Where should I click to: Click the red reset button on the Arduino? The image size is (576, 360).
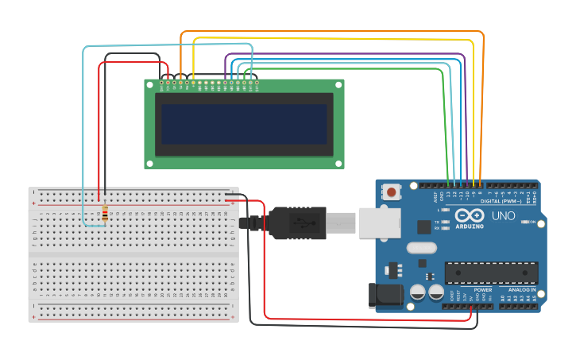pyautogui.click(x=392, y=192)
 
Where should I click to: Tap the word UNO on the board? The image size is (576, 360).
pyautogui.click(x=504, y=215)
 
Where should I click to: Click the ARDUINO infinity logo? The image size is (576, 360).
pyautogui.click(x=469, y=215)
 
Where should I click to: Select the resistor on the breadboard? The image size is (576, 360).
pyautogui.click(x=105, y=214)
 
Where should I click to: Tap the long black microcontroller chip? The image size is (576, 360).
pyautogui.click(x=490, y=273)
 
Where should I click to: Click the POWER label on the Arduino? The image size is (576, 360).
pyautogui.click(x=483, y=290)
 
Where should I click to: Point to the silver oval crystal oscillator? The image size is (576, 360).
pyautogui.click(x=421, y=247)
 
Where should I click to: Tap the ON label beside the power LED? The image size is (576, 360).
pyautogui.click(x=532, y=222)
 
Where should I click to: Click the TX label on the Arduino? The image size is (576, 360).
pyautogui.click(x=438, y=221)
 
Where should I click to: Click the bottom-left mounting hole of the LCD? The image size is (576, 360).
pyautogui.click(x=149, y=165)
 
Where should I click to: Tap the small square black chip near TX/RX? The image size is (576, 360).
pyautogui.click(x=424, y=226)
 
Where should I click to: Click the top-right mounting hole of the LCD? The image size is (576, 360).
pyautogui.click(x=340, y=83)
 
